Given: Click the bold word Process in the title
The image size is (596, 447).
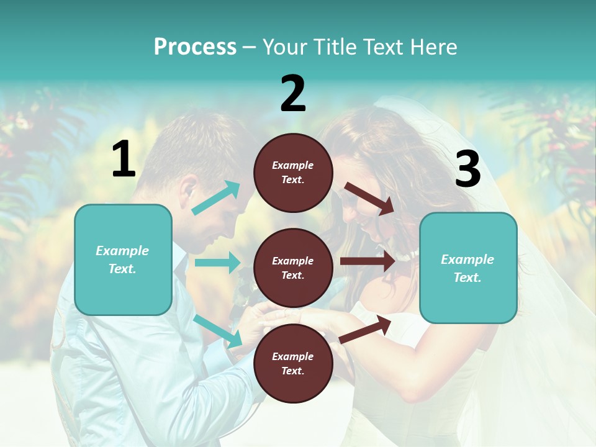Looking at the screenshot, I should click(x=195, y=47).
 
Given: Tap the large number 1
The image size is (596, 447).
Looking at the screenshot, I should click(x=124, y=160).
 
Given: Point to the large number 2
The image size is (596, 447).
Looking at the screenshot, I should click(x=293, y=94).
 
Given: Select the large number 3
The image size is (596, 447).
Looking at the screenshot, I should click(x=467, y=169).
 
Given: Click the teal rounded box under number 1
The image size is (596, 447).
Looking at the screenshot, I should click(x=123, y=260).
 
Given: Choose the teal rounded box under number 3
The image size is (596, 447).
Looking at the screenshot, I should click(x=468, y=268).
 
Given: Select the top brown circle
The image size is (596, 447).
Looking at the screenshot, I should click(x=293, y=173).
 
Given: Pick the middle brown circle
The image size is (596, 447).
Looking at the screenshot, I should click(x=293, y=268).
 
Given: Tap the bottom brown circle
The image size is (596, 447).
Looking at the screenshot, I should click(x=293, y=363).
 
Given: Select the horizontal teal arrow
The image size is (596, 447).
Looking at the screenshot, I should click(x=217, y=263).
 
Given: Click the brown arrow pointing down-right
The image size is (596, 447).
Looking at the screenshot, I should click(x=369, y=199).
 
